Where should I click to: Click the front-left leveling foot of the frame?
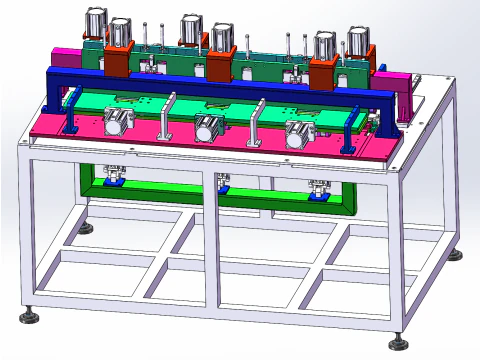tap(29, 317)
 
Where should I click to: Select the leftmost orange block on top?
tap(118, 60)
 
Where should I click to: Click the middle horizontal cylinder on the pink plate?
tap(209, 128)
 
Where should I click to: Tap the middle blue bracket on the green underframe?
tap(223, 183)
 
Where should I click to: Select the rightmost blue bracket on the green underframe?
tap(318, 189)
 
